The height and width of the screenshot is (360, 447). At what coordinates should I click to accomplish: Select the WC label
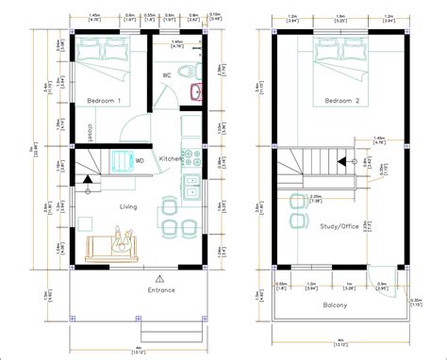167,74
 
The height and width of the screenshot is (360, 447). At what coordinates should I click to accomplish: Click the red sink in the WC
197,92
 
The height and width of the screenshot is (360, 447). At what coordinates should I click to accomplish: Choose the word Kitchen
172,158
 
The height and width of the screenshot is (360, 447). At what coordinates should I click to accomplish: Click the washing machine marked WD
123,161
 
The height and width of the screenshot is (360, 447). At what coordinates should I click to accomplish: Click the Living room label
128,206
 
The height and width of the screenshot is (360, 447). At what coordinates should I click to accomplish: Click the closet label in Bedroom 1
90,130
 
